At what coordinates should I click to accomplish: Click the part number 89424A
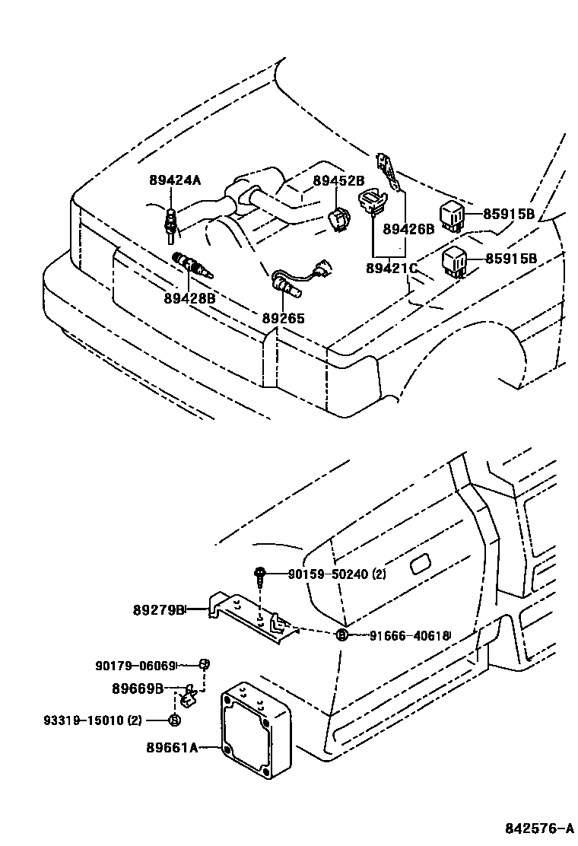pos(175,180)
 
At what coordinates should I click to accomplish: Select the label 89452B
pos(339,181)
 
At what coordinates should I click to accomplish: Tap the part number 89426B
pos(408,229)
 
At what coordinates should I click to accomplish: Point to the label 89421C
pos(392,268)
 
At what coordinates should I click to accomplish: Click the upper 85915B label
pos(510,214)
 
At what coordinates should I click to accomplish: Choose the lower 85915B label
pos(510,259)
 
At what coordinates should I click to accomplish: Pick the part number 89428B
pos(189,298)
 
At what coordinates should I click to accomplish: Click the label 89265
pos(284,318)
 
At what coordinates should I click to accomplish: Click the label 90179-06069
pos(135,665)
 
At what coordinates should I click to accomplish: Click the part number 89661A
pos(172,748)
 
